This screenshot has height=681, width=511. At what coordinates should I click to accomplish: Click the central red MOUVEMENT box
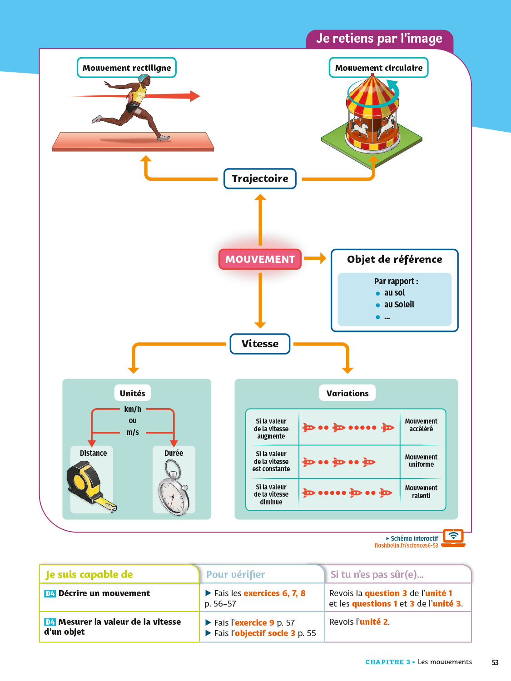tap(260, 259)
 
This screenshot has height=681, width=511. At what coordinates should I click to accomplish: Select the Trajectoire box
tap(260, 178)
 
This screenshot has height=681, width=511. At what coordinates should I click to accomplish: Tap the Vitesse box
tap(260, 344)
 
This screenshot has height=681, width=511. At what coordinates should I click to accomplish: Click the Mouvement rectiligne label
tap(127, 68)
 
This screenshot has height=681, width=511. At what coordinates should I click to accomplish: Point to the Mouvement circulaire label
tap(378, 68)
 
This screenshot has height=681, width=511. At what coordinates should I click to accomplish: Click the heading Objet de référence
tap(394, 259)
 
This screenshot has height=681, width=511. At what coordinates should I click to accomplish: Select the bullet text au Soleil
tap(399, 305)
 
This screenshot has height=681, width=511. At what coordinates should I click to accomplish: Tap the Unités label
tap(132, 393)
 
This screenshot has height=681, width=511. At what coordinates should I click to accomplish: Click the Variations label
tap(347, 393)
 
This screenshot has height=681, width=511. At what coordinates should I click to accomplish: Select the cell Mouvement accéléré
tap(421, 425)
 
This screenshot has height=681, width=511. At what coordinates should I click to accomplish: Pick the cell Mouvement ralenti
tap(421, 492)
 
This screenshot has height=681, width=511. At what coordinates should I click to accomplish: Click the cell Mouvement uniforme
tap(421, 460)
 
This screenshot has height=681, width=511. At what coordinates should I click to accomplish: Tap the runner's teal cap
tap(144, 79)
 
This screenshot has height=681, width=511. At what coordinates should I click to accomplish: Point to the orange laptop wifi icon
tap(453, 537)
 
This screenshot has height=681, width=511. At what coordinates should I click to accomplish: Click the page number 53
tap(495, 662)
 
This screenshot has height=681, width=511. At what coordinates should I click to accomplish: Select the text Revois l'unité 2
tap(359, 622)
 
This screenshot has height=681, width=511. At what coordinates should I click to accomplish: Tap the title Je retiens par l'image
tap(379, 39)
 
